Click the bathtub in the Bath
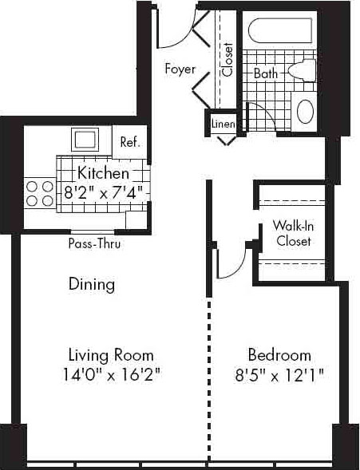point(280,30)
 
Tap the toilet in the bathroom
point(303,71)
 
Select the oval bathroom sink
point(305,111)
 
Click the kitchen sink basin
point(85,140)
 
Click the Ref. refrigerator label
point(130,142)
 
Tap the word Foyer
point(180,69)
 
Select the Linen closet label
point(223,124)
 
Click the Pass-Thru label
point(94,243)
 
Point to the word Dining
point(92,284)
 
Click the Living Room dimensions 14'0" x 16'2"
point(112,375)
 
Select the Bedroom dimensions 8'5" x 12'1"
point(279,375)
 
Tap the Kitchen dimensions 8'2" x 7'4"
point(103,192)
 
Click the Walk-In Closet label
point(293,233)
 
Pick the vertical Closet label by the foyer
point(227,59)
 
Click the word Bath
point(266,73)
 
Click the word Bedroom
point(279,355)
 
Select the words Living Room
point(111,355)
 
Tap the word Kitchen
point(104,173)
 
